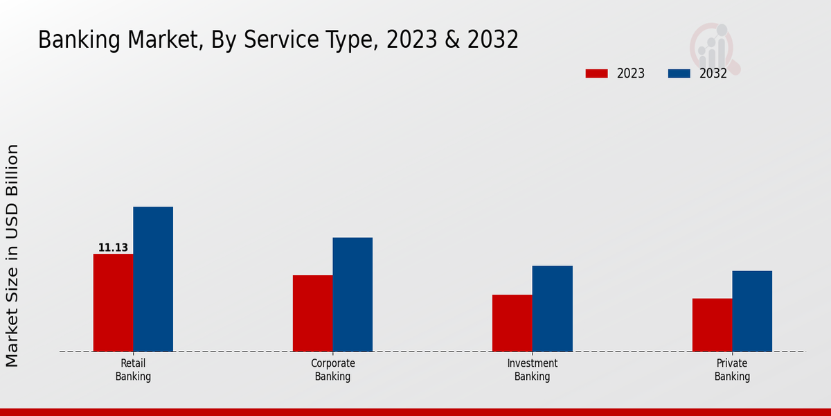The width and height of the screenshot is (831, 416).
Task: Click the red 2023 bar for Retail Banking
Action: pos(113,302)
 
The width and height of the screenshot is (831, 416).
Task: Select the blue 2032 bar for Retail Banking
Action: pos(153,279)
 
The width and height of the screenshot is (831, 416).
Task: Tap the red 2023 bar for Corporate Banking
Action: pos(312,313)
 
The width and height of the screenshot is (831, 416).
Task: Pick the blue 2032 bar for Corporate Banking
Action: pos(352,294)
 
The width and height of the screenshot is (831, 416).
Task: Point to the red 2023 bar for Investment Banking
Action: pos(512,323)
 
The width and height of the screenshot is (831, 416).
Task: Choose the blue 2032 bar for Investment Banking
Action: pos(553,309)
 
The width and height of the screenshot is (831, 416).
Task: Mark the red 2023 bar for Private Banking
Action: pos(712,324)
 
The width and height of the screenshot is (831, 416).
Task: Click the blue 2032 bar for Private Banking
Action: pos(752,311)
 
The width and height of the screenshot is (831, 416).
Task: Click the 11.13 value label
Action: pos(113,248)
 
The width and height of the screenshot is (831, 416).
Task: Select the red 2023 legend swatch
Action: pos(596,73)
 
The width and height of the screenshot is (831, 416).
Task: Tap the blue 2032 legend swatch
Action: pos(679,73)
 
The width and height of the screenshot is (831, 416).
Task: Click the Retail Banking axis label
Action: pos(133,370)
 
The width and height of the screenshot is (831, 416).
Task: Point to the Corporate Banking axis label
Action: pos(332,370)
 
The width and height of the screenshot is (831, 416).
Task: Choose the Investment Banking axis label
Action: pos(532,370)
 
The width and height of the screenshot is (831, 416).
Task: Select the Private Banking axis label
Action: pos(732,370)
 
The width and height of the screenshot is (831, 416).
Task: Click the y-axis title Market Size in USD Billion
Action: pos(12,255)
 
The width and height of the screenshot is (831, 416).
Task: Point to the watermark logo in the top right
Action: pos(714,47)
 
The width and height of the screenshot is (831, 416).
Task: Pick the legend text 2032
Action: pos(713,73)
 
